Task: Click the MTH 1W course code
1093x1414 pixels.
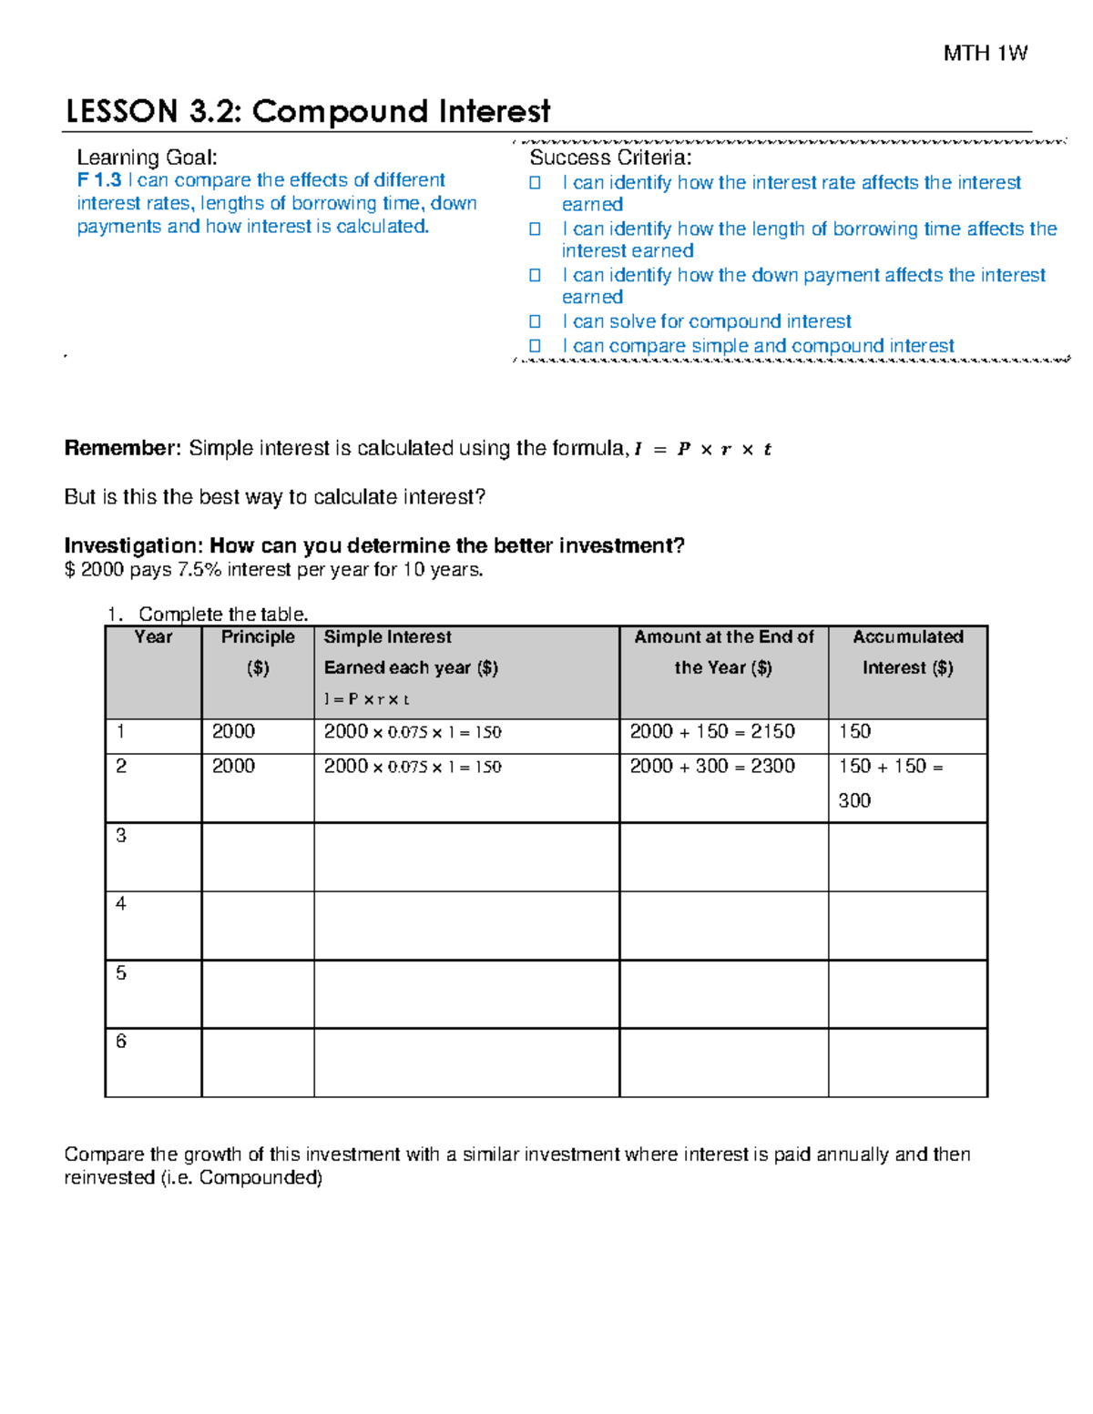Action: (x=985, y=54)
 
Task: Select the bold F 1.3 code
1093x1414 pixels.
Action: (x=98, y=180)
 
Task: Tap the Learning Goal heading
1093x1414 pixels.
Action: (x=147, y=158)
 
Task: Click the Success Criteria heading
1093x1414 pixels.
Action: (x=610, y=158)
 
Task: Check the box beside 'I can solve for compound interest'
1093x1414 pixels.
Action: (x=536, y=321)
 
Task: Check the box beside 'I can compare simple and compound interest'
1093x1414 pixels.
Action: (x=536, y=346)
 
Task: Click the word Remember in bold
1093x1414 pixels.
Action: (x=122, y=448)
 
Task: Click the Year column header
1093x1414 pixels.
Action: (x=153, y=637)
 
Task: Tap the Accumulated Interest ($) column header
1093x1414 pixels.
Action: (x=907, y=653)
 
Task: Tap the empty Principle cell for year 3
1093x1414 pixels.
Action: (x=257, y=857)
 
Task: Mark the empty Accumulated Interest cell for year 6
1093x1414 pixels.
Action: (x=907, y=1063)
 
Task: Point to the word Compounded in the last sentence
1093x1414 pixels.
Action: (x=260, y=1178)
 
